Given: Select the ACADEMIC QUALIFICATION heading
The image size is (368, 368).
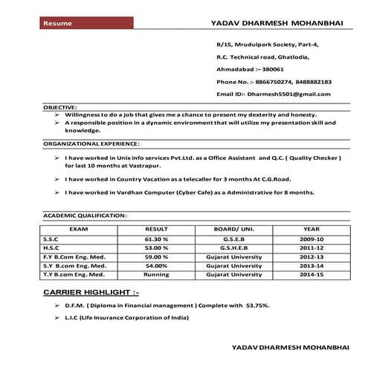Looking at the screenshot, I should pyautogui.click(x=85, y=215).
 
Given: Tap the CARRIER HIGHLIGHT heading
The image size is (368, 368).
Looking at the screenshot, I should pyautogui.click(x=91, y=293).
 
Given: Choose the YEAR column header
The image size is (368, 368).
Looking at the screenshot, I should pyautogui.click(x=311, y=229).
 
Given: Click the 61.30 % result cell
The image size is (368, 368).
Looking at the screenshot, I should pyautogui.click(x=156, y=239).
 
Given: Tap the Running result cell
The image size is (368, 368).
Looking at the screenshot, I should pyautogui.click(x=156, y=274).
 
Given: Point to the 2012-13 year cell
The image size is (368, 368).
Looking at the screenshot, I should pyautogui.click(x=311, y=256).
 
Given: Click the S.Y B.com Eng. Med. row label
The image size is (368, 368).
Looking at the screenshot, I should pyautogui.click(x=74, y=265).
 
